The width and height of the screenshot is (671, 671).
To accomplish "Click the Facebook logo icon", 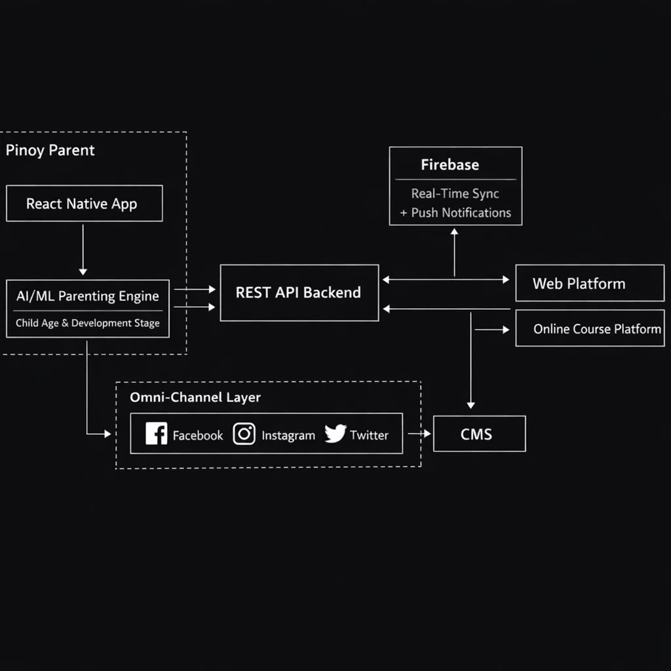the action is click(156, 434).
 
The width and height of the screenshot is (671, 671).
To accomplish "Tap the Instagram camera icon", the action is click(244, 434).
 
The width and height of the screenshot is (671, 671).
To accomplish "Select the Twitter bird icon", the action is click(335, 434).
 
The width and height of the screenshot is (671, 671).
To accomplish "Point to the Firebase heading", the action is click(450, 164).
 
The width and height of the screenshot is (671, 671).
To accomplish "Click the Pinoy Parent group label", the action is click(50, 150).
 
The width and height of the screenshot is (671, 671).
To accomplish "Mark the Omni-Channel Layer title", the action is click(195, 398).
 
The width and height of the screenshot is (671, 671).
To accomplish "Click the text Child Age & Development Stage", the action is click(88, 323).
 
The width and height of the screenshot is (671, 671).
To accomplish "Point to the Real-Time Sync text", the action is click(455, 193).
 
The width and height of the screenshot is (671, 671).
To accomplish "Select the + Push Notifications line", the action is click(455, 213).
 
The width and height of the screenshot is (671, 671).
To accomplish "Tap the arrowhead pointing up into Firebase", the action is click(455, 231).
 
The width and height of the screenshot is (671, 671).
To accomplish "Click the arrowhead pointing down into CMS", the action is click(470, 405).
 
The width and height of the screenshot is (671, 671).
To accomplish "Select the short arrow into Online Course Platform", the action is click(492, 330).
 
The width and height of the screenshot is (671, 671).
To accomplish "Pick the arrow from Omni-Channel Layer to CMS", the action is click(419, 434).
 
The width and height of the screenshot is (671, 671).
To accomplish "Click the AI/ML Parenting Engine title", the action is click(88, 296).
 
